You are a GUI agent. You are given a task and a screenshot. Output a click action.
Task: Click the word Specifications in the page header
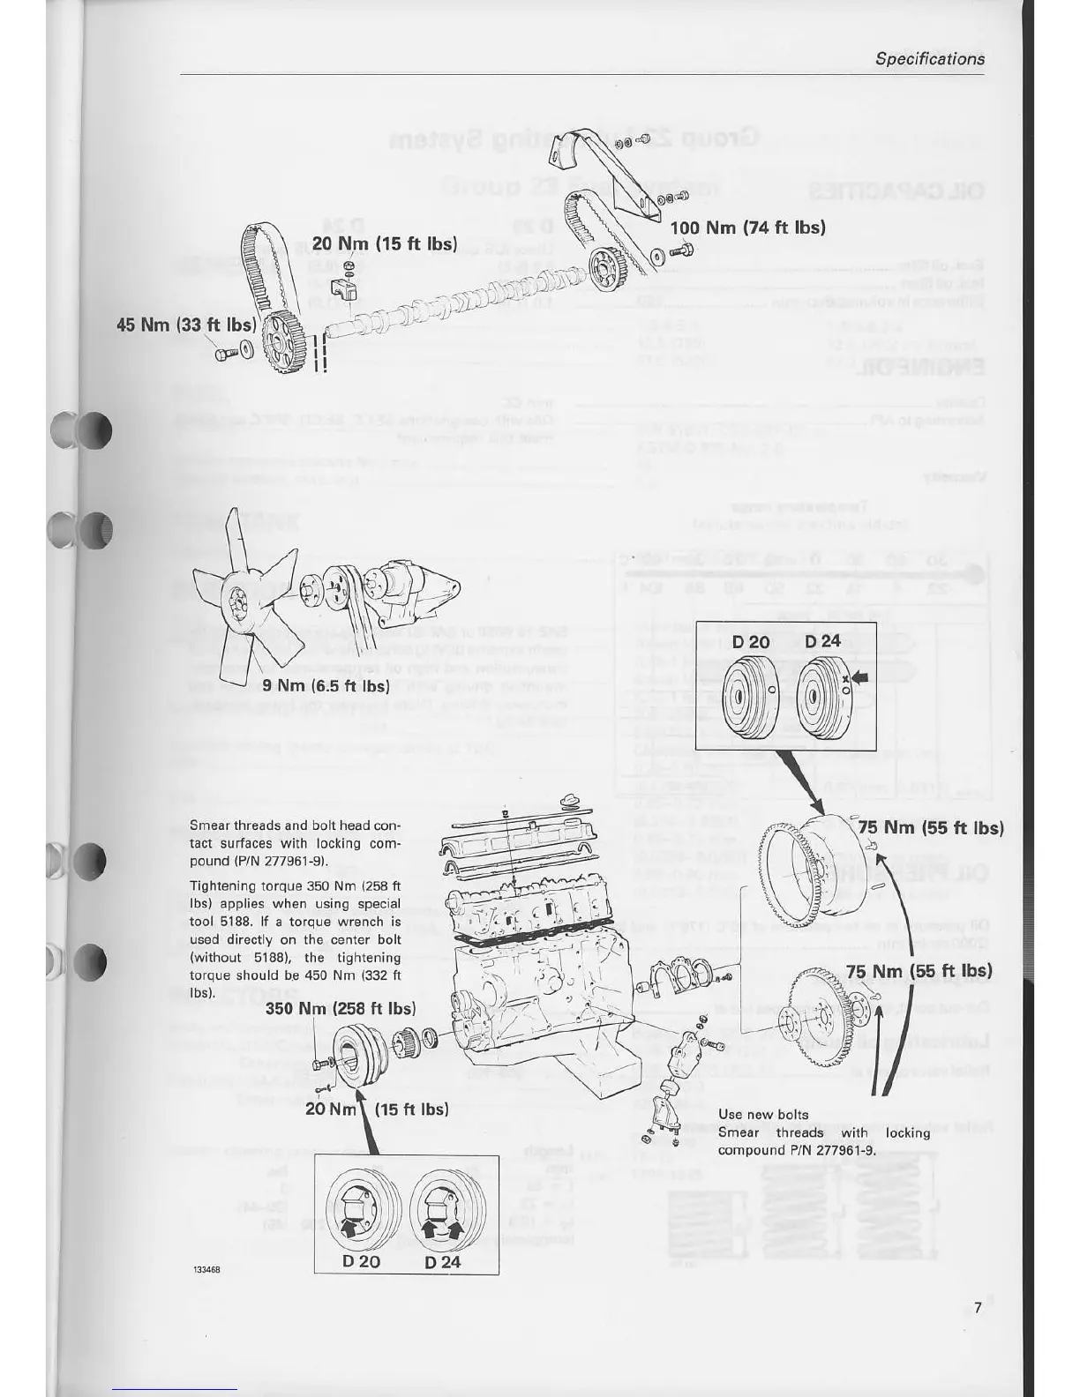pos(930,59)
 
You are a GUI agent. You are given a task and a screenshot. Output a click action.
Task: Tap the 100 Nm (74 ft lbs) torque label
pos(747,228)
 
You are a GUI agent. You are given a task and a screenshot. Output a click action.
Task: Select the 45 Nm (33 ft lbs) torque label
pos(186,325)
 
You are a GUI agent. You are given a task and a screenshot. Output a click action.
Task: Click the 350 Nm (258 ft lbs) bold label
pos(340,1008)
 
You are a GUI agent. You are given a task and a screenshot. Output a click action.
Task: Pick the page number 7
pos(978,1308)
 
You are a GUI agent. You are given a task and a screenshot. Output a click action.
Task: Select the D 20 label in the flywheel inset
pos(751,642)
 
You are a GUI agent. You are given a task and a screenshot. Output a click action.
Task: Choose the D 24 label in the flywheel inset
pos(822,641)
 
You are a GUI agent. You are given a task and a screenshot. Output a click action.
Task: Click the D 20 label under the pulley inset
pos(361,1261)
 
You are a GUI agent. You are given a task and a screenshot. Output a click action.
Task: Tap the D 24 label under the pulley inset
pos(443,1261)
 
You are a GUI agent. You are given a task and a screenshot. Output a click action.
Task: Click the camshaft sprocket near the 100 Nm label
pos(606,267)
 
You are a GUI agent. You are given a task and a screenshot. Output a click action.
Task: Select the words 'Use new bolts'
pos(762,1115)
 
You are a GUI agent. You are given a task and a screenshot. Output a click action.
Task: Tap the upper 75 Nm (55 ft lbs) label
pos(931,827)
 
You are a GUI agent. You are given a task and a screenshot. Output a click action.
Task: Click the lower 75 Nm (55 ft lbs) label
pos(919,971)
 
